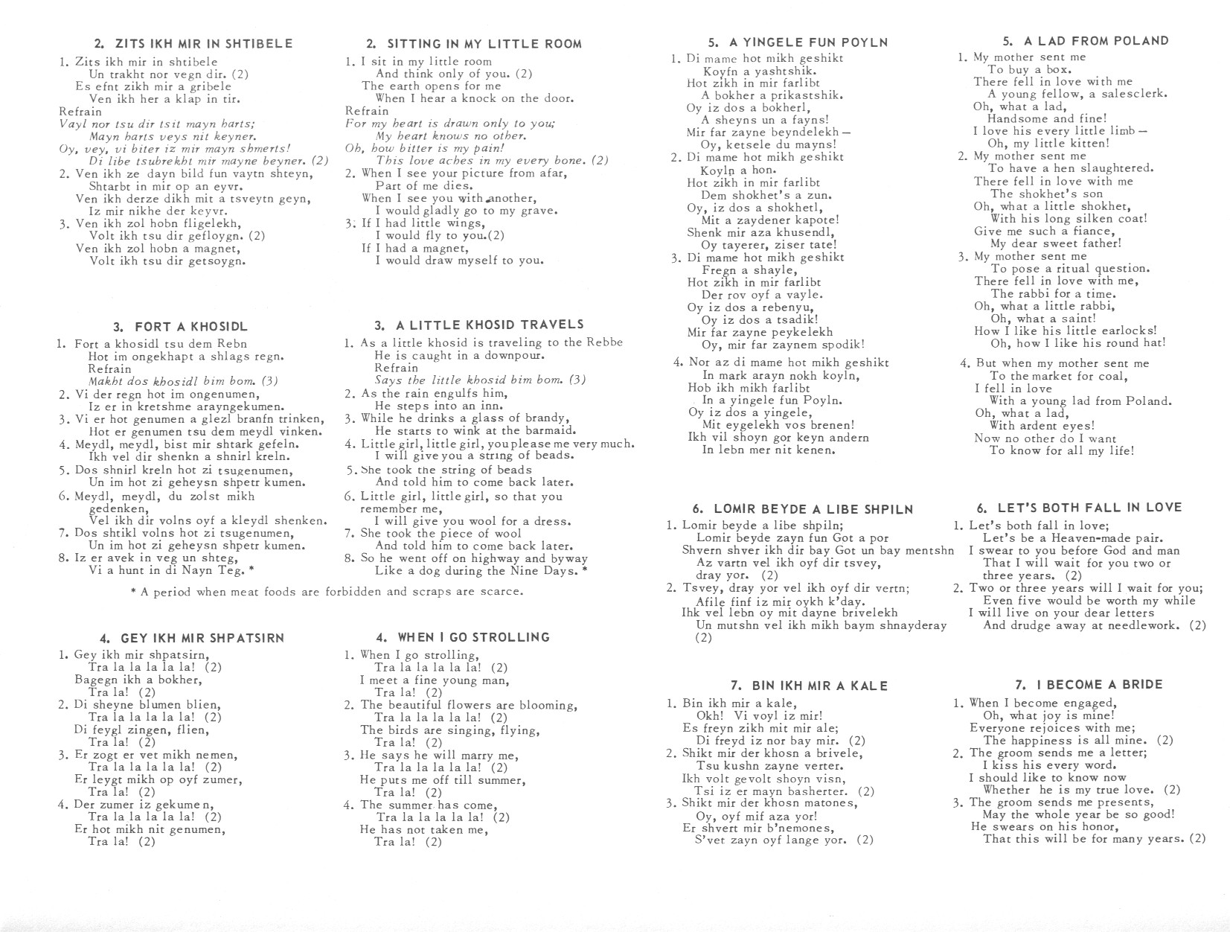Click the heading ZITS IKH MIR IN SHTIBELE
[193, 44]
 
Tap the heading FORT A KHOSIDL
[181, 327]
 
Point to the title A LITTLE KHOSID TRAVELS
[479, 325]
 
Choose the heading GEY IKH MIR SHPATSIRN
[192, 638]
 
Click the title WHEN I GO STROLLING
[463, 637]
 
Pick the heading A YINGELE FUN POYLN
[798, 42]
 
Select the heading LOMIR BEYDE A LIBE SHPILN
[803, 509]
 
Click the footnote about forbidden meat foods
[327, 592]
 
